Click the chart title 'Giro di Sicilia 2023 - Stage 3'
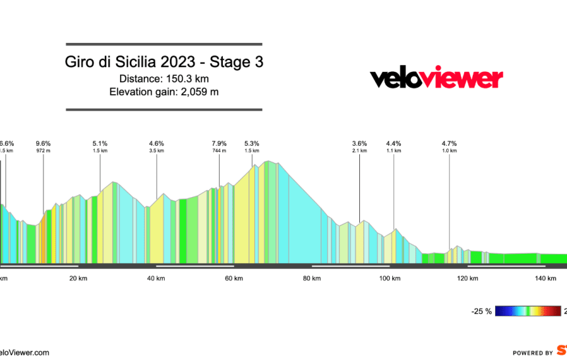(164, 63)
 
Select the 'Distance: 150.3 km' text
(164, 78)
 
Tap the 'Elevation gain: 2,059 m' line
(164, 92)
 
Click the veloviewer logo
(436, 78)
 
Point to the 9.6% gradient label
(44, 143)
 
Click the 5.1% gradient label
(100, 143)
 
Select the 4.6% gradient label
(156, 143)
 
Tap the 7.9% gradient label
(219, 143)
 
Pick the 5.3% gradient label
(252, 143)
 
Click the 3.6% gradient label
(359, 143)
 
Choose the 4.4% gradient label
(394, 143)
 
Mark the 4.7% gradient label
(449, 143)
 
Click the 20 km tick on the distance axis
(78, 278)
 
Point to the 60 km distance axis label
(234, 278)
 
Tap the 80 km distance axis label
(312, 278)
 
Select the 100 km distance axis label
(390, 278)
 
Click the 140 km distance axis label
(545, 278)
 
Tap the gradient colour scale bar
(527, 311)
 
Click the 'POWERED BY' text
(533, 353)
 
